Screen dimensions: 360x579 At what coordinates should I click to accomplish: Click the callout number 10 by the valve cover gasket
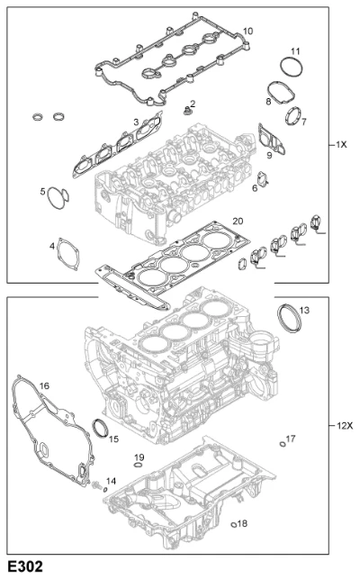pos(248,31)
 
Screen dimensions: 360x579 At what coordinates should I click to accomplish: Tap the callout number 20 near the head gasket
pos(238,221)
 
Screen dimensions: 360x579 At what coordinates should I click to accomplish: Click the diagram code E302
pos(25,566)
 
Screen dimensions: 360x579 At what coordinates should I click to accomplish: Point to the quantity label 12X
pos(345,426)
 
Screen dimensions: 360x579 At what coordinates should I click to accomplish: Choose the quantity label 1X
pos(341,144)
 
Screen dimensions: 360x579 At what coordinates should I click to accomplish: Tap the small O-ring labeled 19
pos(138,465)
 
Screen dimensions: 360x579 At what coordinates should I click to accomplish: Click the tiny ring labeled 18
pos(233,525)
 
